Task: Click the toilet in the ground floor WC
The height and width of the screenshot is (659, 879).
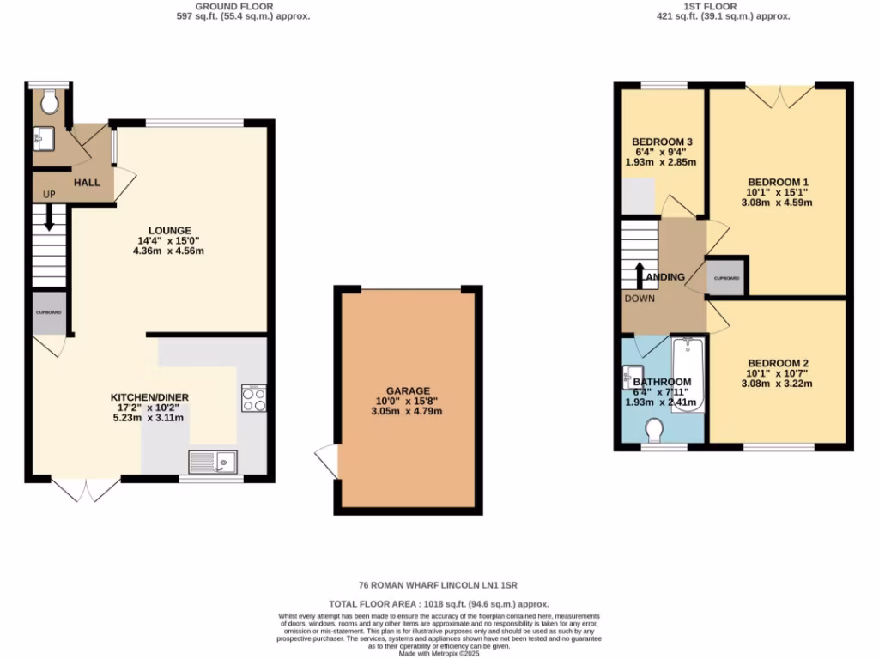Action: (x=50, y=102)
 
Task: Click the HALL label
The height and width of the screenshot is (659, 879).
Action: (x=87, y=183)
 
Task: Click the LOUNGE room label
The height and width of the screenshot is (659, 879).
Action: (x=169, y=230)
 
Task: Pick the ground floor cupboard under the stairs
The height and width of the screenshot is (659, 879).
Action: (x=49, y=313)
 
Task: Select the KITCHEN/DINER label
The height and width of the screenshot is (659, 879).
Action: (x=149, y=397)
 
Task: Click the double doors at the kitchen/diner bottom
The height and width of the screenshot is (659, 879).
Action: (x=86, y=490)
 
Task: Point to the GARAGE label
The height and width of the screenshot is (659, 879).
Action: (x=408, y=390)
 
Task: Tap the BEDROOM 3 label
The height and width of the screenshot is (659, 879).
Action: (x=662, y=142)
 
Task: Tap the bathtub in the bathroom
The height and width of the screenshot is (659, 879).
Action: (x=687, y=375)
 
